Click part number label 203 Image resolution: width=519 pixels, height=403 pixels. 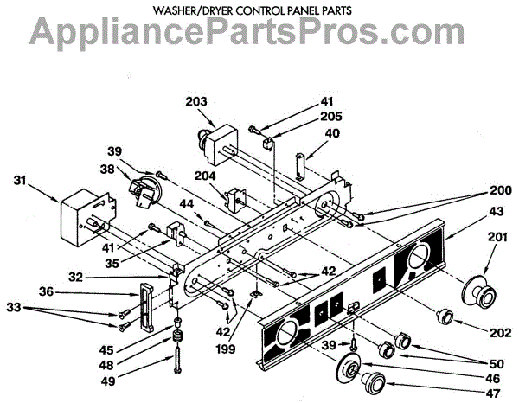pyautogui.click(x=197, y=102)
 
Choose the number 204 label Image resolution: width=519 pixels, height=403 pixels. pyautogui.click(x=204, y=175)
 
